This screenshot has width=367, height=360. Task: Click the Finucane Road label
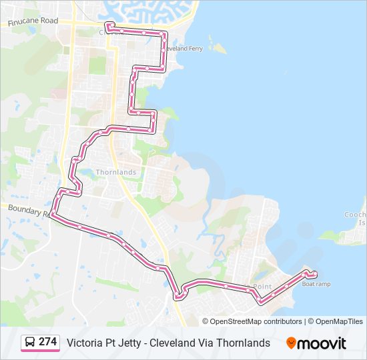click(x=33, y=21)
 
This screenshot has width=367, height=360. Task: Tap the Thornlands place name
click(x=116, y=172)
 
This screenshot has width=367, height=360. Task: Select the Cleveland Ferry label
click(x=185, y=49)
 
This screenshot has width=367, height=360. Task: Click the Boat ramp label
click(x=316, y=284)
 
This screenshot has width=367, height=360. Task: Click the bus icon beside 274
click(x=30, y=342)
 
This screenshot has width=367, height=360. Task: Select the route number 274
click(x=48, y=341)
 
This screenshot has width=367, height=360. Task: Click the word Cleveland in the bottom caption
click(x=173, y=343)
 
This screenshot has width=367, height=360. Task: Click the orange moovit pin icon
click(x=291, y=343)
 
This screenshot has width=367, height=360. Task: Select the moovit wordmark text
click(x=322, y=343)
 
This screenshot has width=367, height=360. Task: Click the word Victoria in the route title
click(x=83, y=343)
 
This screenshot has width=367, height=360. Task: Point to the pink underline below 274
click(x=40, y=351)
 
